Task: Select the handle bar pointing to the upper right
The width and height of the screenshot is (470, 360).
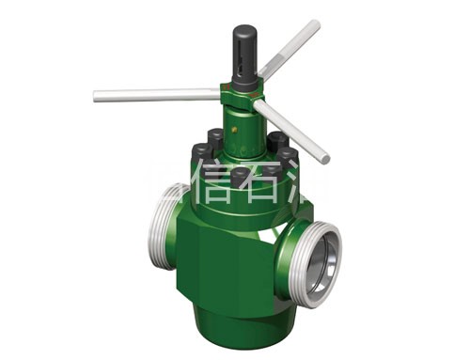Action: point(291,51)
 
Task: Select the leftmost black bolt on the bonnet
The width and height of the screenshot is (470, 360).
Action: point(200,152)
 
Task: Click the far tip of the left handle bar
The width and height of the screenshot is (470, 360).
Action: point(98,96)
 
